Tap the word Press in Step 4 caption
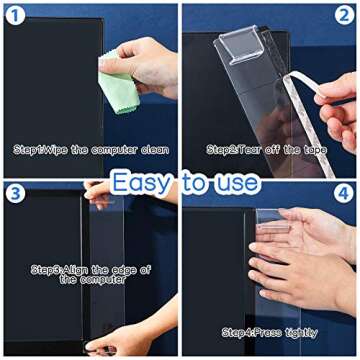point(267,331)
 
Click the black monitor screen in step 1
point(50,80)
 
